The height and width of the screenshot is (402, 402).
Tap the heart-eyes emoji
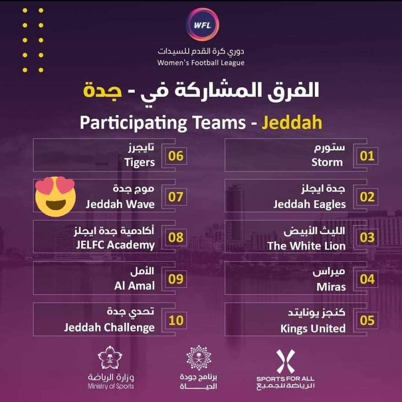click(55, 196)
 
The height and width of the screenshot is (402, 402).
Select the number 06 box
click(176, 156)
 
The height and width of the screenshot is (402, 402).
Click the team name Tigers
click(139, 162)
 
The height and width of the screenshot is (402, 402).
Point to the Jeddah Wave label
click(120, 204)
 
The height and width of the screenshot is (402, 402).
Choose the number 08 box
click(176, 238)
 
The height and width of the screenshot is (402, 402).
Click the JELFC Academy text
click(115, 245)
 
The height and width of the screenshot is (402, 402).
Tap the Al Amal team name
click(134, 286)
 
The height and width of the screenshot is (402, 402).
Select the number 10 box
click(176, 320)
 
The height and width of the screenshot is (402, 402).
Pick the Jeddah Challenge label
click(109, 328)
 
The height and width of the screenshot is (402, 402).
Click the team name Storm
click(327, 162)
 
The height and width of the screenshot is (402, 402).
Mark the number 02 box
click(367, 197)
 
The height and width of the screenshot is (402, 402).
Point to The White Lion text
click(306, 245)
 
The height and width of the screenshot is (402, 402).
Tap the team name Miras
click(331, 286)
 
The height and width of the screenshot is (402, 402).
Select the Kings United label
click(313, 328)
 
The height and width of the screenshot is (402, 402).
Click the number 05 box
click(367, 320)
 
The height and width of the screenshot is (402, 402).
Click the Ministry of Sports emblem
click(110, 358)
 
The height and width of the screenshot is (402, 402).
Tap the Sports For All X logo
click(285, 361)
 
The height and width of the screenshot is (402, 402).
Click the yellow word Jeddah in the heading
click(292, 123)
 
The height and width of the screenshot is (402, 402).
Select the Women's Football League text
click(201, 63)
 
